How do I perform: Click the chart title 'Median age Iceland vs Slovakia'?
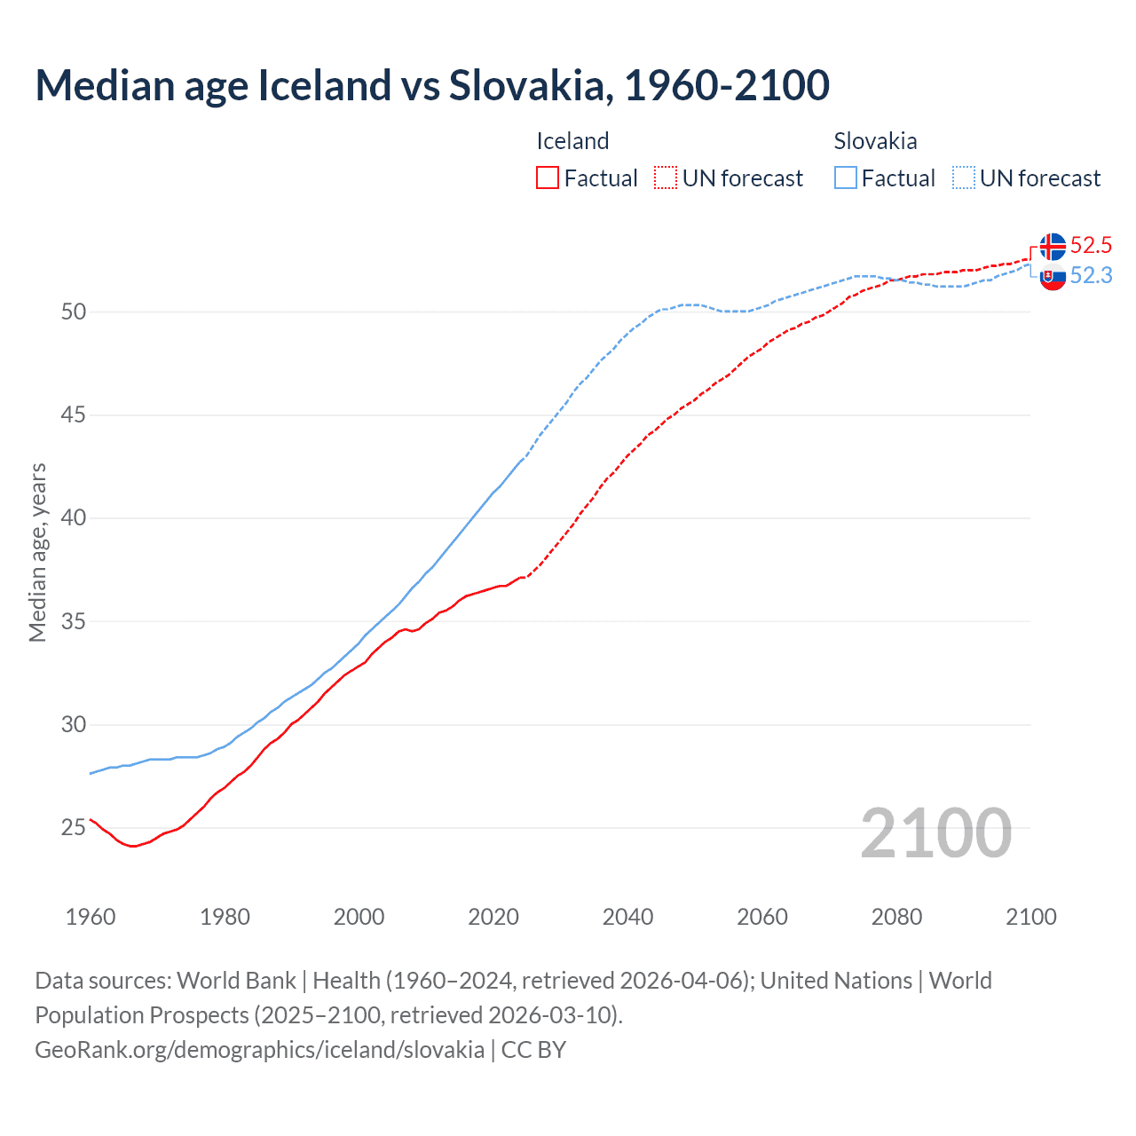point(432,85)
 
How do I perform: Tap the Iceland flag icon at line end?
point(1053,246)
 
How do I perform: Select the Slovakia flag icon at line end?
point(1053,277)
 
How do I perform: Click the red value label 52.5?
point(1091,246)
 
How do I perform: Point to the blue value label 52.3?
point(1091,276)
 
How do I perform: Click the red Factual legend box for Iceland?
point(548,178)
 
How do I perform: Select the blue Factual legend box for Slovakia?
point(846,178)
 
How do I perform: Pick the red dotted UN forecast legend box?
point(666,178)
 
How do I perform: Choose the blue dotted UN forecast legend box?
point(964,178)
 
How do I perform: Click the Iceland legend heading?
point(572,141)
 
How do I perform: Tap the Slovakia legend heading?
point(875,141)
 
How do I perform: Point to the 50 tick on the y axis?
point(74,312)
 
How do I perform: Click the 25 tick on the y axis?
point(74,828)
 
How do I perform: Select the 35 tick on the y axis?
point(74,621)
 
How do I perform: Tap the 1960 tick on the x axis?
point(91,917)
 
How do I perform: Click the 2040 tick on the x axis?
point(627,917)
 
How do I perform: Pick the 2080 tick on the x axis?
point(896,917)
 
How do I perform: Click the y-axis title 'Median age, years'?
point(37,552)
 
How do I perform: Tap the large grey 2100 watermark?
point(935,833)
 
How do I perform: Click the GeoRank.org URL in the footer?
point(259,1050)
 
